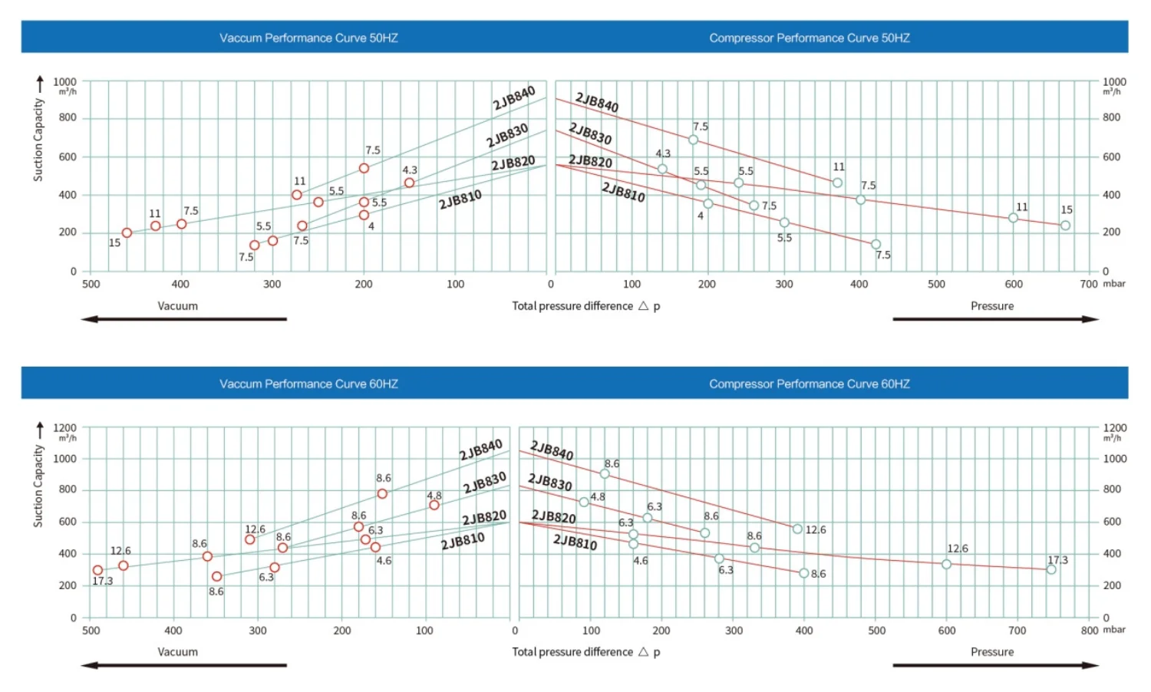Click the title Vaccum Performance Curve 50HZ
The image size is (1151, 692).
[308, 38]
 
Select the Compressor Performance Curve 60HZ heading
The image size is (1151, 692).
[809, 384]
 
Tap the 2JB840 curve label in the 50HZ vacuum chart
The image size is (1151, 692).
[513, 98]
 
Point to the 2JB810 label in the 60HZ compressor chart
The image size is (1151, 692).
[575, 542]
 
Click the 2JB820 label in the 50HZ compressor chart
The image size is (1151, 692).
[590, 161]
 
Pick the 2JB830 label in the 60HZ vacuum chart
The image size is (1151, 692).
[484, 483]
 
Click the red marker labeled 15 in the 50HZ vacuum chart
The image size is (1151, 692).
[127, 232]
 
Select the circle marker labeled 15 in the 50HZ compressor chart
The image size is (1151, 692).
[1065, 226]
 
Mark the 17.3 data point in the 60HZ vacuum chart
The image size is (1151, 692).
[97, 570]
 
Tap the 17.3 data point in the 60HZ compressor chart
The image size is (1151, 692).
[1051, 569]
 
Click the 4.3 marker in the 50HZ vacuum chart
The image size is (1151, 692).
[409, 183]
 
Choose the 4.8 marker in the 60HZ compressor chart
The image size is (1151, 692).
[584, 502]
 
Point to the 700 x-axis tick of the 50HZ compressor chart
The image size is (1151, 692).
[1089, 284]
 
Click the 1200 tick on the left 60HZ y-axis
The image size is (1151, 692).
[64, 427]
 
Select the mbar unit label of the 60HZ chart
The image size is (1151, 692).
[1114, 629]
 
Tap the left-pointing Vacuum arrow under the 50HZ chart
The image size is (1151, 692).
[183, 319]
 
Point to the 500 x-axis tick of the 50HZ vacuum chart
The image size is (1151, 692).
[91, 284]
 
